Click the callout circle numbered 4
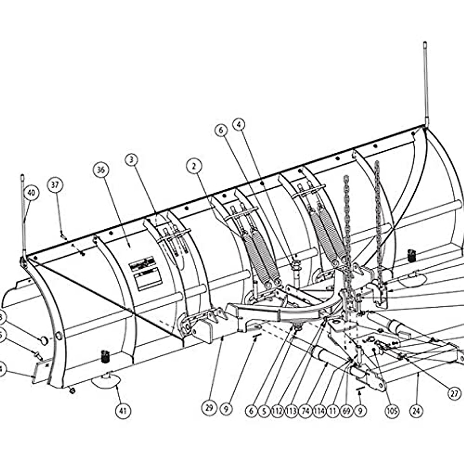coord(239,125)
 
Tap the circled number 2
coord(194,166)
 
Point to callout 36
coord(101,170)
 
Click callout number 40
coord(31,193)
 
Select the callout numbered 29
coord(209,408)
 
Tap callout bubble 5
coord(264,411)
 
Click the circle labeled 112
coord(278,411)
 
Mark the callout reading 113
coord(291,411)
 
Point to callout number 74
coord(305,411)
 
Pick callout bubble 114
coord(319,411)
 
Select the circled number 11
coord(333,411)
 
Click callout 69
coord(346,411)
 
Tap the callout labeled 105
coord(392,411)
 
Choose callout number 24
coord(416,411)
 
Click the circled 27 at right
coord(455,393)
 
